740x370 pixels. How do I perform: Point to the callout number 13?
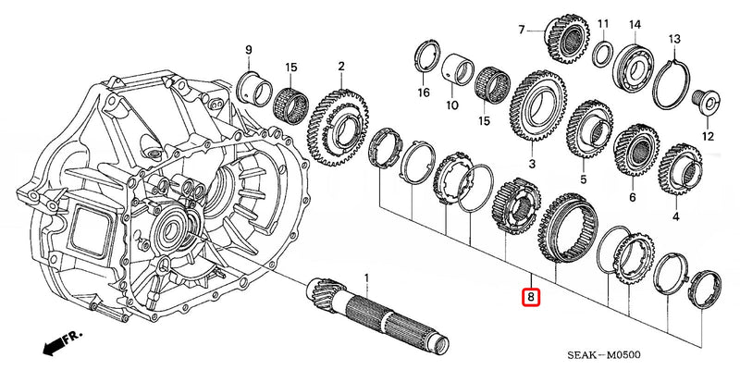[x=674, y=39]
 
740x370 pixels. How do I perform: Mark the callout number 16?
[x=423, y=92]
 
